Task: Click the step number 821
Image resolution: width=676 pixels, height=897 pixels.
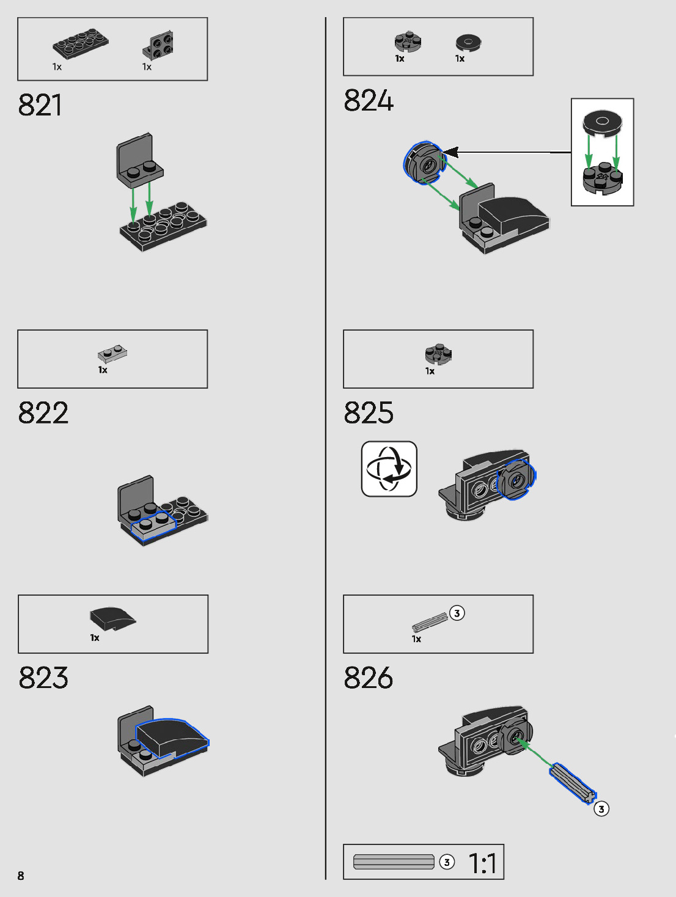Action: coord(40,105)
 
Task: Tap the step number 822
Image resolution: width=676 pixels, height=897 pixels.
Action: coord(43,413)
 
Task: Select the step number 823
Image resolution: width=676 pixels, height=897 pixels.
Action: coord(43,678)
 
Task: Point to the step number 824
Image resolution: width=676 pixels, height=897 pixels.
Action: coord(369,101)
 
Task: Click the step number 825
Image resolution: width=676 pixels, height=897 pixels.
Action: coord(369,413)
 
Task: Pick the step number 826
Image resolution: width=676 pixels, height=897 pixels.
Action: coord(369,678)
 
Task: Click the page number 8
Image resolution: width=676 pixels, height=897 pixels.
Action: coord(21,876)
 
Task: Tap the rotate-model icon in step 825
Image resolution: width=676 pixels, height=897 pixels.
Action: coord(389,469)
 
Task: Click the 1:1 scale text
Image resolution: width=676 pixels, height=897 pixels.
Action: coord(482,863)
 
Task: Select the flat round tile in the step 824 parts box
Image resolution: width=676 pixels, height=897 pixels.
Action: coord(468,42)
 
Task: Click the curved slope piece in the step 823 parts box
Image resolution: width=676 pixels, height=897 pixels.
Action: coord(112,618)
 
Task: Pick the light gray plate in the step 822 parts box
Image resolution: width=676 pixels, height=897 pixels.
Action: coord(112,353)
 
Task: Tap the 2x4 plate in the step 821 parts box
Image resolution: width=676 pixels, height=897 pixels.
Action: coord(80,43)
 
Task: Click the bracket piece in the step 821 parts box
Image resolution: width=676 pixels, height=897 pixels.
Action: coord(158,45)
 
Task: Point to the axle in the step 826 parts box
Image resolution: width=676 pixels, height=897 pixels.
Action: coord(430,622)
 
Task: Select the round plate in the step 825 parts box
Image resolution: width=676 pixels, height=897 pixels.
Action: coord(438,354)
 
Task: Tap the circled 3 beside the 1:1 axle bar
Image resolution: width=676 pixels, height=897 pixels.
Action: coord(447,862)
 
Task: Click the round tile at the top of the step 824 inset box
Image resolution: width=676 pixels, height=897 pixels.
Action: coord(602,122)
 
